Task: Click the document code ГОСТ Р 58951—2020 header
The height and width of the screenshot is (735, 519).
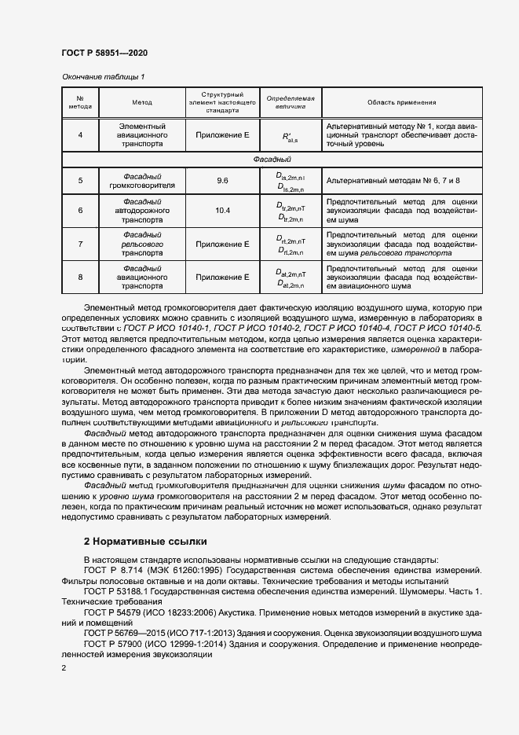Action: [104, 53]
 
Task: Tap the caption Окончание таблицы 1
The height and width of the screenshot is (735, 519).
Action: [103, 76]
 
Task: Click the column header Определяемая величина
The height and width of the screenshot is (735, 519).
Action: [290, 103]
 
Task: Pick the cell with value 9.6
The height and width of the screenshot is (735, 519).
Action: [222, 181]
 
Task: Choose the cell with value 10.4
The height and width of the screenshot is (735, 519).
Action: [222, 211]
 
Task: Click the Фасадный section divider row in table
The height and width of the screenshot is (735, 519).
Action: [272, 159]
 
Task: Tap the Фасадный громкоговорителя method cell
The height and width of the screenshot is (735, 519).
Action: [142, 181]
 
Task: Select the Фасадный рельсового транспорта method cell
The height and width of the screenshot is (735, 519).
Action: [142, 244]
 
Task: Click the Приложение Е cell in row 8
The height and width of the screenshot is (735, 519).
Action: [222, 277]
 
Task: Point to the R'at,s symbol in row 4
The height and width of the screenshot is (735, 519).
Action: [290, 137]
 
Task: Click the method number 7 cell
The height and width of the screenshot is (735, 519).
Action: [80, 244]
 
